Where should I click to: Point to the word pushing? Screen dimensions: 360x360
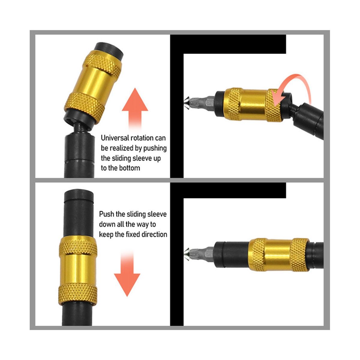click(x=155, y=148)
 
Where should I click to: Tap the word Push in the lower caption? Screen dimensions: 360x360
click(x=106, y=214)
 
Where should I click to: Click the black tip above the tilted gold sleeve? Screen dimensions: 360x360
click(x=109, y=49)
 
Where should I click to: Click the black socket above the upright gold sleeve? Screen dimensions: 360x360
click(x=79, y=213)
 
